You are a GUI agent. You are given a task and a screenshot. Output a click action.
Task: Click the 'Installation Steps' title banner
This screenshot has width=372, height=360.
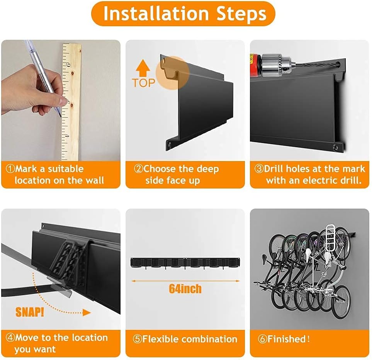point(183,14)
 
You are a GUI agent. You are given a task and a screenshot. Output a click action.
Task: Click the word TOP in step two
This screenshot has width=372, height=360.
point(144,83)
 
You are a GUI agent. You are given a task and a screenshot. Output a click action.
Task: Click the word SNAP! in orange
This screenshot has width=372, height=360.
point(30,312)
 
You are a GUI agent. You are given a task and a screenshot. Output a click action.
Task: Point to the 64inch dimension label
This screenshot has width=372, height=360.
point(185,289)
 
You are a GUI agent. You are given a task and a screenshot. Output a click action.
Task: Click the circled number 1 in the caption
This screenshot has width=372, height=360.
point(10,169)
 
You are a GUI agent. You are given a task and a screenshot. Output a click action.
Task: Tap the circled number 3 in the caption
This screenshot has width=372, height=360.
point(259,169)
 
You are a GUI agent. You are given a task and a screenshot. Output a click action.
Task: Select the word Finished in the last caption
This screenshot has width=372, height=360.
point(287,339)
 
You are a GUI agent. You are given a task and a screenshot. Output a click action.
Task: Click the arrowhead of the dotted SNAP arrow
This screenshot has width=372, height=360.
point(87,312)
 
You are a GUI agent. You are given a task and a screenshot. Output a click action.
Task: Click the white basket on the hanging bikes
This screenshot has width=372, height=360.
point(331,238)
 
